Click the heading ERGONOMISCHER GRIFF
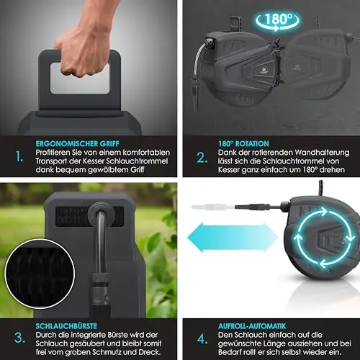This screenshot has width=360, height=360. tap(77, 144)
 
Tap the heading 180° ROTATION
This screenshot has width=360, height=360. tap(243, 144)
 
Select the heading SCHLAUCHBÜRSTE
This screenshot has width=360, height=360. tap(66, 326)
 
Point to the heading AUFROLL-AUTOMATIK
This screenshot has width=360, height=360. tap(252, 326)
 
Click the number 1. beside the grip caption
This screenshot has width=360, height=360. tap(19, 157)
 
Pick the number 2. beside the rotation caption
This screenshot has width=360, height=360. tap(202, 158)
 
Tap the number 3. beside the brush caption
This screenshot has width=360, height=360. tap(19, 338)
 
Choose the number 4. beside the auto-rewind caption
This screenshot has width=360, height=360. tap(202, 339)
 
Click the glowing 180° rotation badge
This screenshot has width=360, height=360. tap(277, 20)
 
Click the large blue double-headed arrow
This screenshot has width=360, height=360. tap(233, 238)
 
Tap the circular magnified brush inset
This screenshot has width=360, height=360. tap(40, 274)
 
